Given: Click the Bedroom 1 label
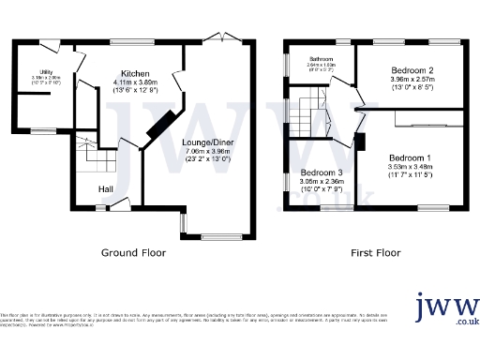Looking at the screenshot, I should pyautogui.click(x=411, y=157).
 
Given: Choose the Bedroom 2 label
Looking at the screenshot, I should pyautogui.click(x=412, y=71).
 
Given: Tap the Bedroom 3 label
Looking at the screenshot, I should pyautogui.click(x=322, y=172).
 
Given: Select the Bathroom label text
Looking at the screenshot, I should pyautogui.click(x=322, y=58).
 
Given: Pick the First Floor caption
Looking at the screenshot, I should pyautogui.click(x=375, y=253).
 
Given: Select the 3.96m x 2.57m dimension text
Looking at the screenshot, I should pyautogui.click(x=412, y=81).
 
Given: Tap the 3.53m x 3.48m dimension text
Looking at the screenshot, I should pyautogui.click(x=411, y=167).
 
